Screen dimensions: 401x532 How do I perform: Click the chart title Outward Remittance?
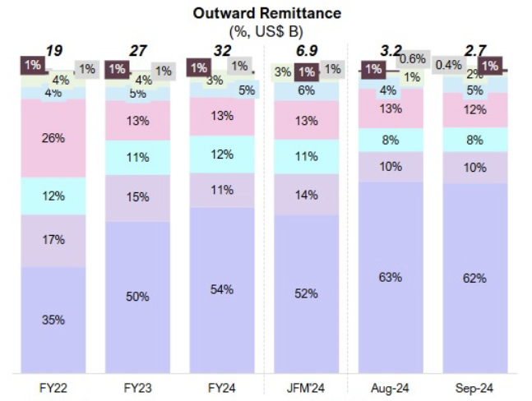(x=266, y=14)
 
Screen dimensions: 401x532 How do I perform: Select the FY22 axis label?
(x=53, y=388)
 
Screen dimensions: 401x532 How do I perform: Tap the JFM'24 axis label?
(x=307, y=388)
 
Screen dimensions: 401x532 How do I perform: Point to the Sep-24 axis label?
(x=474, y=388)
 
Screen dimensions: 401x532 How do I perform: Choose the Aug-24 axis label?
(x=391, y=388)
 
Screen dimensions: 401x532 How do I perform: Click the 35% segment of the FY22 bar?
(x=53, y=319)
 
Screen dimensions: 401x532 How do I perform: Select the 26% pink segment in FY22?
(x=53, y=138)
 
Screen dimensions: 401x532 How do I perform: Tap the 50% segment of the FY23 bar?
(x=138, y=296)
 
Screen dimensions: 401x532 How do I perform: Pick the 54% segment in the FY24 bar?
(x=222, y=289)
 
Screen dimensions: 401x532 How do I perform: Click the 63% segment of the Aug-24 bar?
(x=391, y=277)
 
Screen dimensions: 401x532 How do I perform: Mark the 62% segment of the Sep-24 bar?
(x=474, y=278)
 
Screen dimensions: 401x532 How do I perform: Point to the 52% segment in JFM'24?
(x=307, y=293)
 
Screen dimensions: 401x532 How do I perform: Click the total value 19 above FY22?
(x=53, y=51)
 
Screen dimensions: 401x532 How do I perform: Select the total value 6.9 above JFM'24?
(x=307, y=51)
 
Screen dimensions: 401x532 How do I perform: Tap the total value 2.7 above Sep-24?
(x=474, y=51)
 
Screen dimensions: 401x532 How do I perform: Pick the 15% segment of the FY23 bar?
(x=138, y=197)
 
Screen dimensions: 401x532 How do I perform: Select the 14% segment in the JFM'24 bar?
(x=307, y=196)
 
